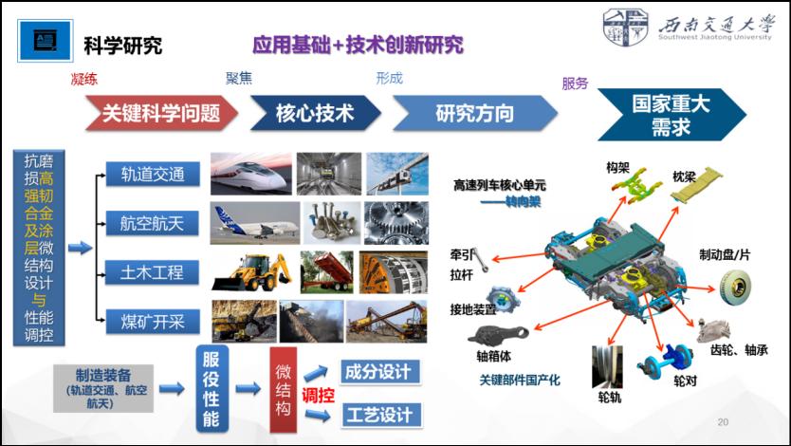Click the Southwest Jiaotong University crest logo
click(x=626, y=28)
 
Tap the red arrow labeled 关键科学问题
click(x=161, y=113)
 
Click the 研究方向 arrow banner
click(x=475, y=113)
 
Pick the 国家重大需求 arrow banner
click(x=671, y=115)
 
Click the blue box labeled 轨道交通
click(x=153, y=175)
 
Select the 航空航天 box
click(x=153, y=223)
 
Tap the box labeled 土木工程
click(x=153, y=272)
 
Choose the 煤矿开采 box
click(x=153, y=322)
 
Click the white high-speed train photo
click(x=251, y=174)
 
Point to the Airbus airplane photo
click(x=255, y=223)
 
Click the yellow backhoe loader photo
click(x=251, y=272)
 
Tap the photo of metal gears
click(x=396, y=223)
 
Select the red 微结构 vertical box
click(x=283, y=389)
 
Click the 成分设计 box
click(x=380, y=372)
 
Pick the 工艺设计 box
click(x=380, y=415)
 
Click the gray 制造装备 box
click(x=103, y=388)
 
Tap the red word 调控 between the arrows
click(x=319, y=395)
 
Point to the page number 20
click(x=723, y=422)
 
